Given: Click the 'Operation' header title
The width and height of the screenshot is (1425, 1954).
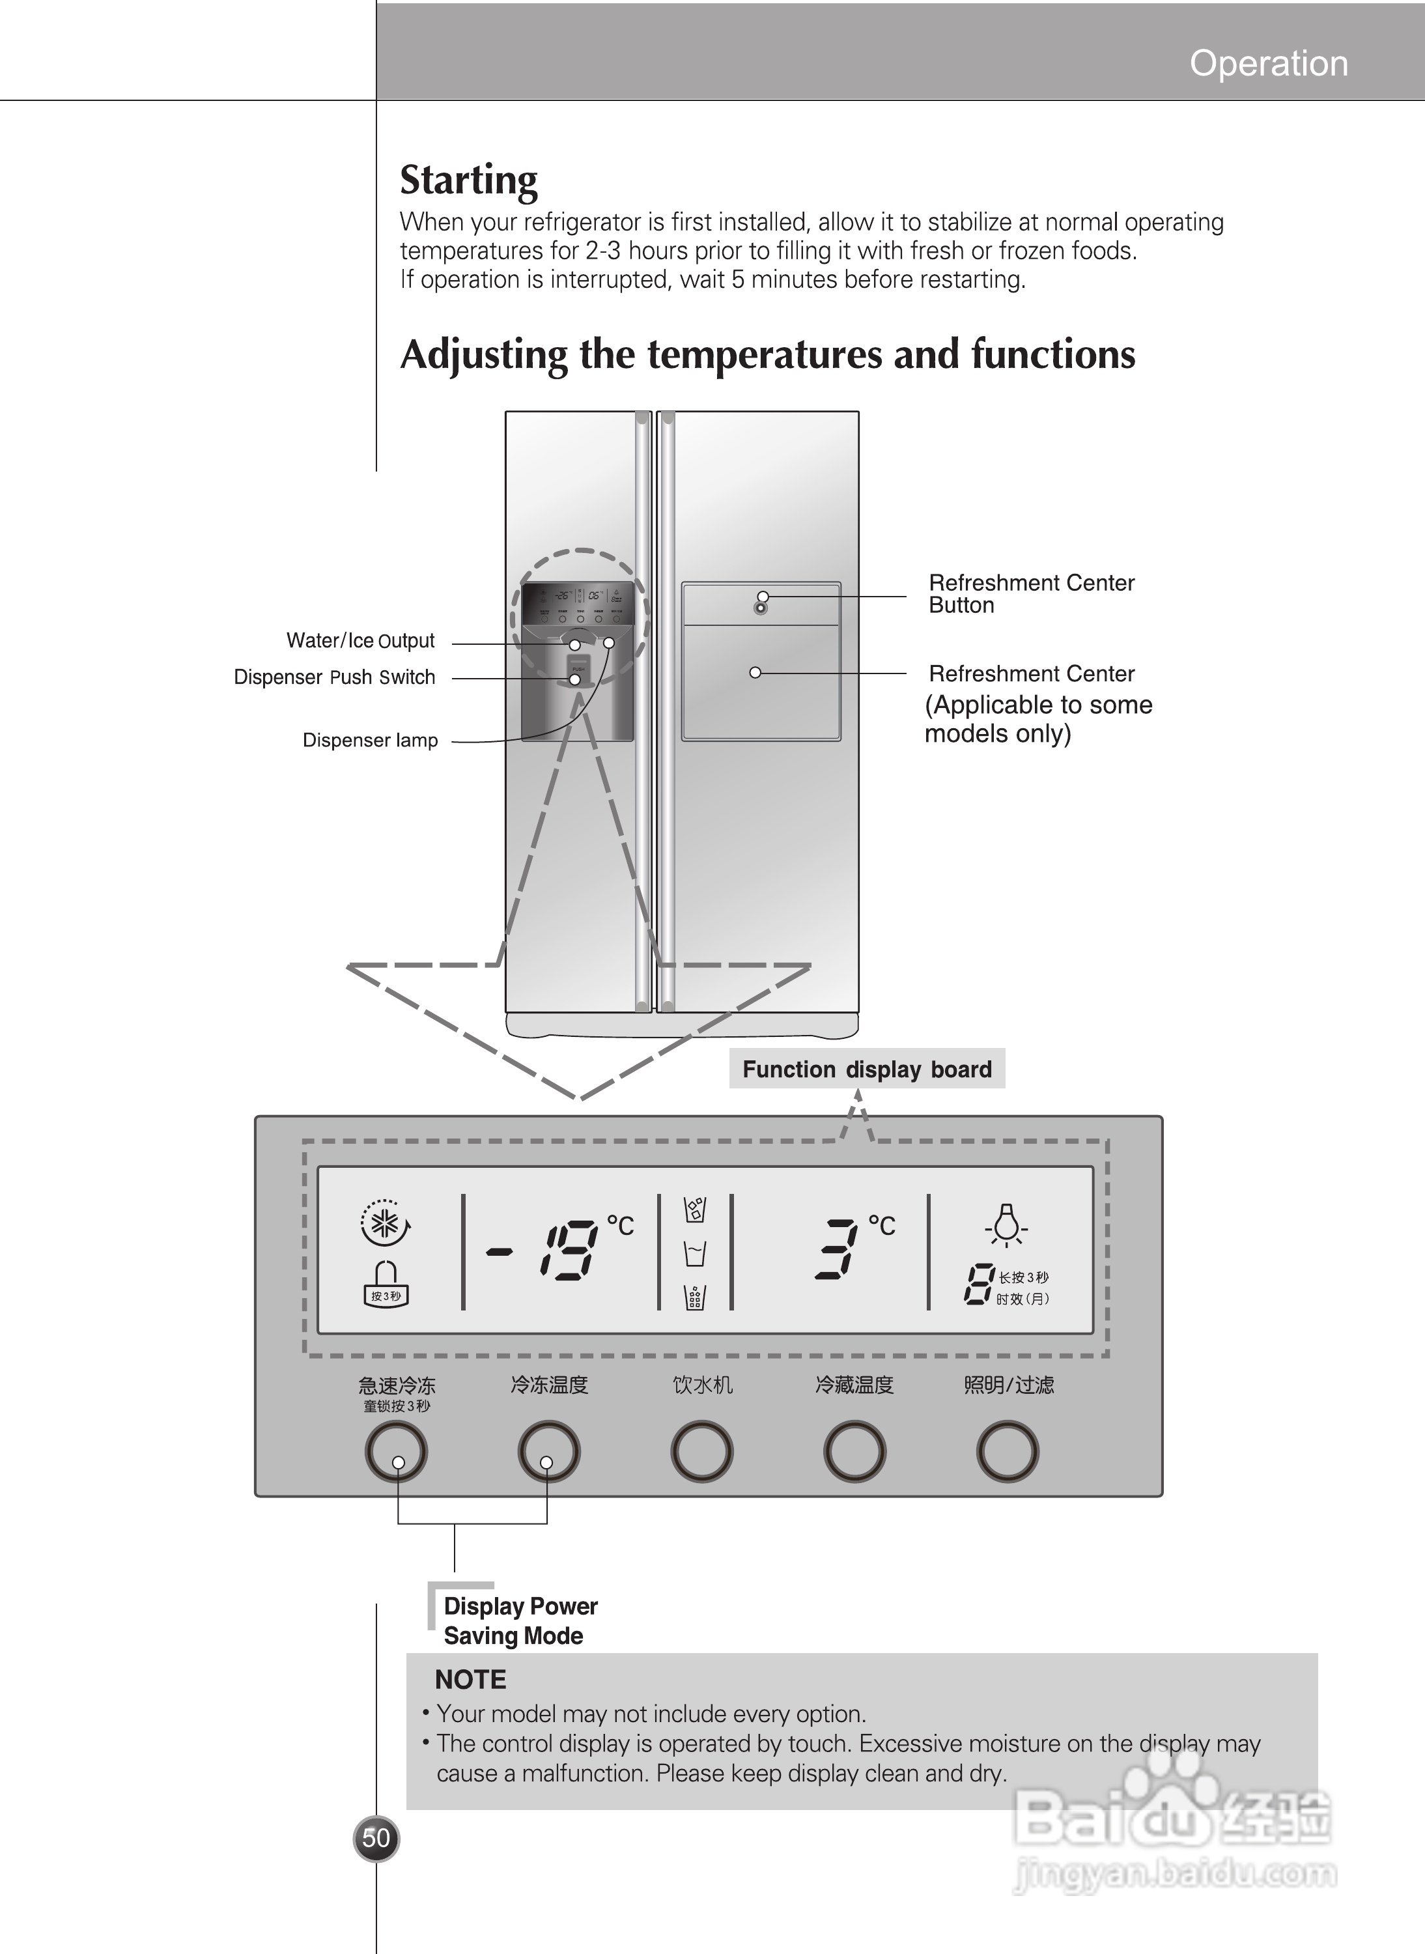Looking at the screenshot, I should click(1268, 63).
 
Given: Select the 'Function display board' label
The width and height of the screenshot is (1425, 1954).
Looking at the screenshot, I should click(867, 1069).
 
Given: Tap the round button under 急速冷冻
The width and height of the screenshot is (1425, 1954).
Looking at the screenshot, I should click(396, 1452).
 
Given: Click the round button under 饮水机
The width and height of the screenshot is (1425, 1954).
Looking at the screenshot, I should click(701, 1452).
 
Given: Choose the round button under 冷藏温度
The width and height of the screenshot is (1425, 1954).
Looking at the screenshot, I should click(854, 1452).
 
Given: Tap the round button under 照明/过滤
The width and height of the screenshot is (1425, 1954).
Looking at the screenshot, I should click(1007, 1452).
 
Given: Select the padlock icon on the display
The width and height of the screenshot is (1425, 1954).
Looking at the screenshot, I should click(386, 1284).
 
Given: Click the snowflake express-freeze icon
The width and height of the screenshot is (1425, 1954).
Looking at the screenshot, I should click(386, 1223).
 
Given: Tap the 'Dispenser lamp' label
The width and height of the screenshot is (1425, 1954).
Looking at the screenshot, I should click(370, 740).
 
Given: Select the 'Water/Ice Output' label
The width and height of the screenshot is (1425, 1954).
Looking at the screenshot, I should click(361, 641).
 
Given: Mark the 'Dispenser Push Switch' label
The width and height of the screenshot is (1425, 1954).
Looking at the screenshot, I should click(335, 677).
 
